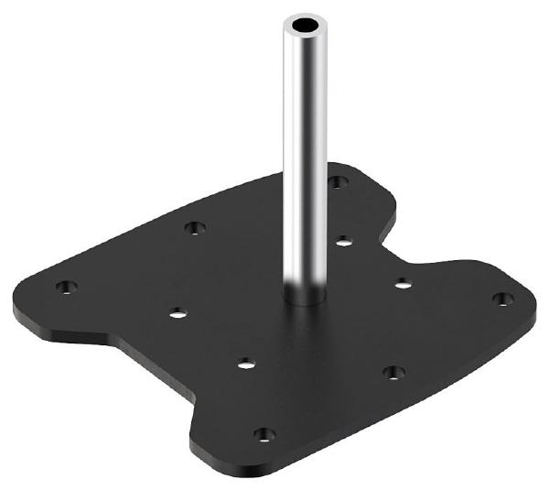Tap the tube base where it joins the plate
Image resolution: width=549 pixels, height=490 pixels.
[x=304, y=298]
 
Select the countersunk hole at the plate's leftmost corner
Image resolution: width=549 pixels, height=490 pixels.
[x=64, y=287]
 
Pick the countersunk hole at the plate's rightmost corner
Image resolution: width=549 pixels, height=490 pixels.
[x=501, y=299]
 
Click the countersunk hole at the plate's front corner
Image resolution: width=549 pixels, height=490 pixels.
[x=264, y=434]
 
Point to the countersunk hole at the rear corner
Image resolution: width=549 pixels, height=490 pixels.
[x=338, y=181]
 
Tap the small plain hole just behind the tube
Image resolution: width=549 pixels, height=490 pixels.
[x=343, y=241]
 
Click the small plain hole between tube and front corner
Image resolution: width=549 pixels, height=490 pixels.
[x=245, y=364]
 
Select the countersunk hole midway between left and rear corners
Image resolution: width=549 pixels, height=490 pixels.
[x=193, y=227]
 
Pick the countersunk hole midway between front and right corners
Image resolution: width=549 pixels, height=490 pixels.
[x=393, y=372]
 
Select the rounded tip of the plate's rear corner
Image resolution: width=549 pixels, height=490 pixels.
[x=352, y=167]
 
